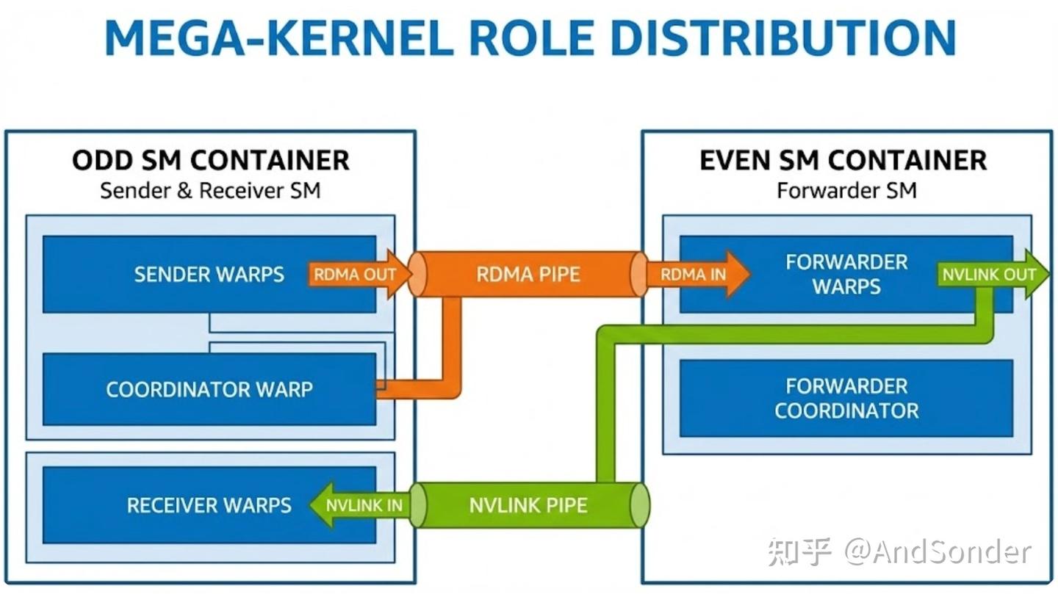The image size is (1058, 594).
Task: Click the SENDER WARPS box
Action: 209,275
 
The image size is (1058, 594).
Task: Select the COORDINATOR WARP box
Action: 209,390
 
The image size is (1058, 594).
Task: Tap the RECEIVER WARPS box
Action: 209,505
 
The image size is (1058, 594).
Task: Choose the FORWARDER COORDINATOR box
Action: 846,399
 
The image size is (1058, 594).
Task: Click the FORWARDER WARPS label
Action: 846,275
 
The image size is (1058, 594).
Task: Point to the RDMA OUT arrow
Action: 359,275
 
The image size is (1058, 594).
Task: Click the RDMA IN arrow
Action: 698,275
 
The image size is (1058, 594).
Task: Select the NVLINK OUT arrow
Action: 992,275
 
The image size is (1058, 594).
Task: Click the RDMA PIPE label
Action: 528,275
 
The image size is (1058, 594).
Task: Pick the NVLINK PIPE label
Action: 528,505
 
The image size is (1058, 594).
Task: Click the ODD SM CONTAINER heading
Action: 211,160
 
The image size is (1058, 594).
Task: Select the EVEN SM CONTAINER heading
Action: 843,160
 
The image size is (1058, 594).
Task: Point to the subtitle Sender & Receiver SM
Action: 210,191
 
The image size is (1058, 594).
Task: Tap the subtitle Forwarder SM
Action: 847,191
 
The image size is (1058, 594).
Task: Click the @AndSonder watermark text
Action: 938,551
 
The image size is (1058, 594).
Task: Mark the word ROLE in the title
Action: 532,37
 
